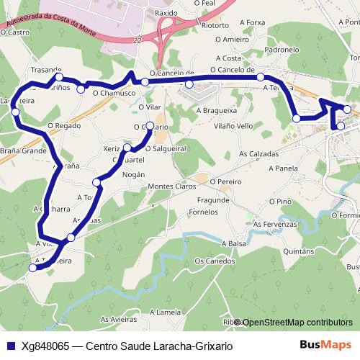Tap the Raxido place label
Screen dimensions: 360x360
click(166, 13)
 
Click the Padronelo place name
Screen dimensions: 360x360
click(282, 50)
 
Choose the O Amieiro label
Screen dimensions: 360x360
click(231, 40)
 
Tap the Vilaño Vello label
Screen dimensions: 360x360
click(233, 126)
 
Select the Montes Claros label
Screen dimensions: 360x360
click(171, 186)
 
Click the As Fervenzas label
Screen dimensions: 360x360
click(275, 225)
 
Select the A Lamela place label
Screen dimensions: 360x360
click(165, 312)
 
